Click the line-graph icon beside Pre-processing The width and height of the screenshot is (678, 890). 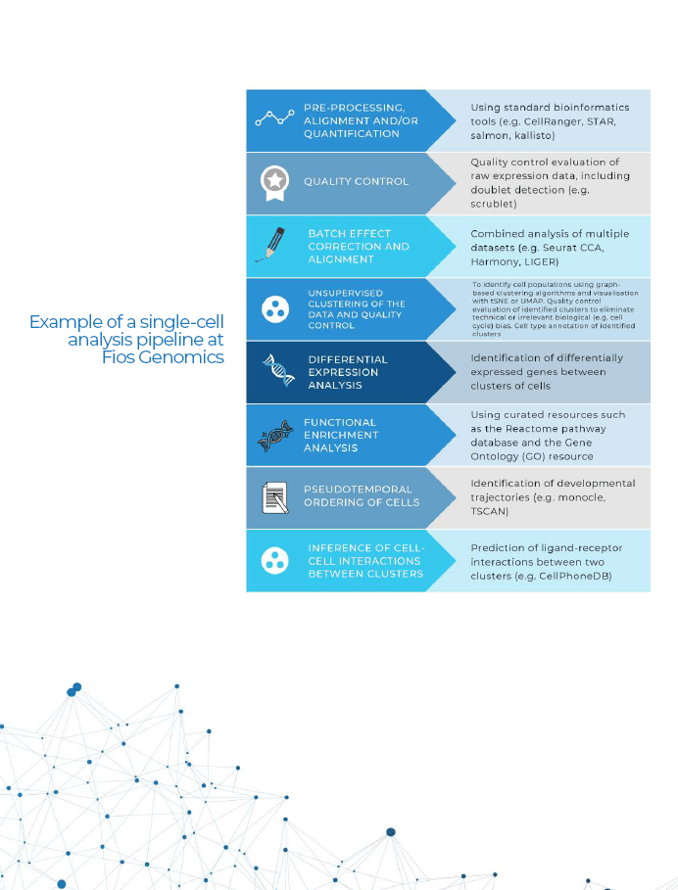pos(274,118)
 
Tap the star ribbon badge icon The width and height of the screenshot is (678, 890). pos(275,183)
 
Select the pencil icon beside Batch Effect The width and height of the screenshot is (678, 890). pos(270,244)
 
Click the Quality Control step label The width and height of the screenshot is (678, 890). pos(356,182)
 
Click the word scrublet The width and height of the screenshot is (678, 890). pos(492,204)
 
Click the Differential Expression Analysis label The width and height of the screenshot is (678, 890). pos(348,372)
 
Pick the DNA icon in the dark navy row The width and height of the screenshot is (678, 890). pos(278,370)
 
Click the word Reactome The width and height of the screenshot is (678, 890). pos(528,429)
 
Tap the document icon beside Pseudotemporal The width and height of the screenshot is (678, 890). pos(275,497)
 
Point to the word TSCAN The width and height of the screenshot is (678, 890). pos(488,511)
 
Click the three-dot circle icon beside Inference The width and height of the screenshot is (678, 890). pos(275,560)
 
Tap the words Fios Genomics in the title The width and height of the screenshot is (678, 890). pos(163,357)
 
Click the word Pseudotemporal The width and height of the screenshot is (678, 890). pos(358,490)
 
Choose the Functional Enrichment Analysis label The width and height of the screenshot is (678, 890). pos(341,435)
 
